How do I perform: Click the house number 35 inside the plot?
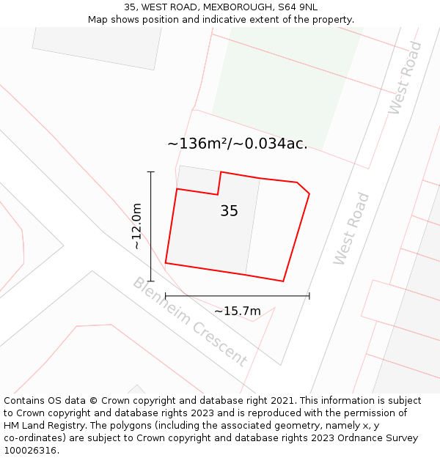coord(229,211)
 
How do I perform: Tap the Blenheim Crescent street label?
coord(189,322)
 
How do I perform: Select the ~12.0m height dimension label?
coord(137,226)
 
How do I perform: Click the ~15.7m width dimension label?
coord(237,311)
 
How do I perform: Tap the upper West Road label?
coord(406,78)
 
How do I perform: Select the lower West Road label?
coord(351,229)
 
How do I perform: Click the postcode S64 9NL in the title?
coord(299,7)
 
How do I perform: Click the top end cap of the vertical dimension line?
coord(151,172)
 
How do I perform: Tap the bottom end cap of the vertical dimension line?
coord(151,281)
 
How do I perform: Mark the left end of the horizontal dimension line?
coord(166,296)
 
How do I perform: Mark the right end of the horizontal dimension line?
coord(309,296)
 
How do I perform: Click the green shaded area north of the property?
coord(286,81)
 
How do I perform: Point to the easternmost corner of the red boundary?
coord(309,194)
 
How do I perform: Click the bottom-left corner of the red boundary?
coord(166,262)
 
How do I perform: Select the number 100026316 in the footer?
coord(31,451)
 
